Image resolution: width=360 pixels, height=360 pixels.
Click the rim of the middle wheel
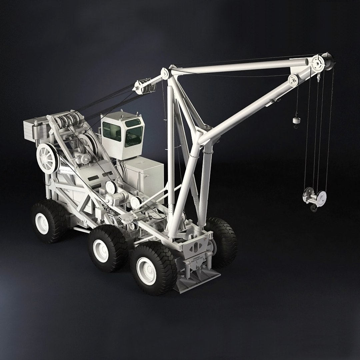(x=100, y=250)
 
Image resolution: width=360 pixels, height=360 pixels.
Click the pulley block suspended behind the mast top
(x=144, y=86)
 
